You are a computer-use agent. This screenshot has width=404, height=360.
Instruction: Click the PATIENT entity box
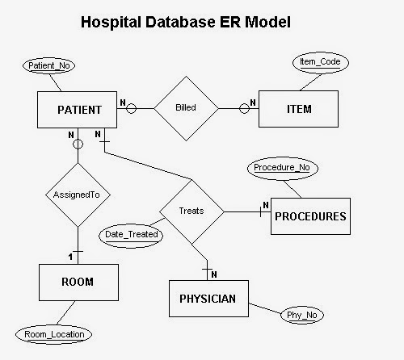point(78,109)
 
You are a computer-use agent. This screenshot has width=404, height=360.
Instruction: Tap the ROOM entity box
point(78,282)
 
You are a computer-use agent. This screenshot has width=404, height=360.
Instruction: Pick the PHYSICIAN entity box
point(208,298)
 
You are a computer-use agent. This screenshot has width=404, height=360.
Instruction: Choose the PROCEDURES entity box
point(310,216)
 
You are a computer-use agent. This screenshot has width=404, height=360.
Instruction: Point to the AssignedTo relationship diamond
point(78,195)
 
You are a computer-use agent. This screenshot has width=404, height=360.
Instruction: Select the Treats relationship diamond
point(191,211)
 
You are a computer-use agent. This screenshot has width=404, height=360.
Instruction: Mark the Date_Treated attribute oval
point(132,234)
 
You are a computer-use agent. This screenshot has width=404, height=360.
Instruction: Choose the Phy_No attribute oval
point(304,315)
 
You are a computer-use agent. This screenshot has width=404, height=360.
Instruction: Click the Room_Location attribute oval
point(53,333)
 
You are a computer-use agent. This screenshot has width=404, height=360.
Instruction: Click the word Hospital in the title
point(116,23)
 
